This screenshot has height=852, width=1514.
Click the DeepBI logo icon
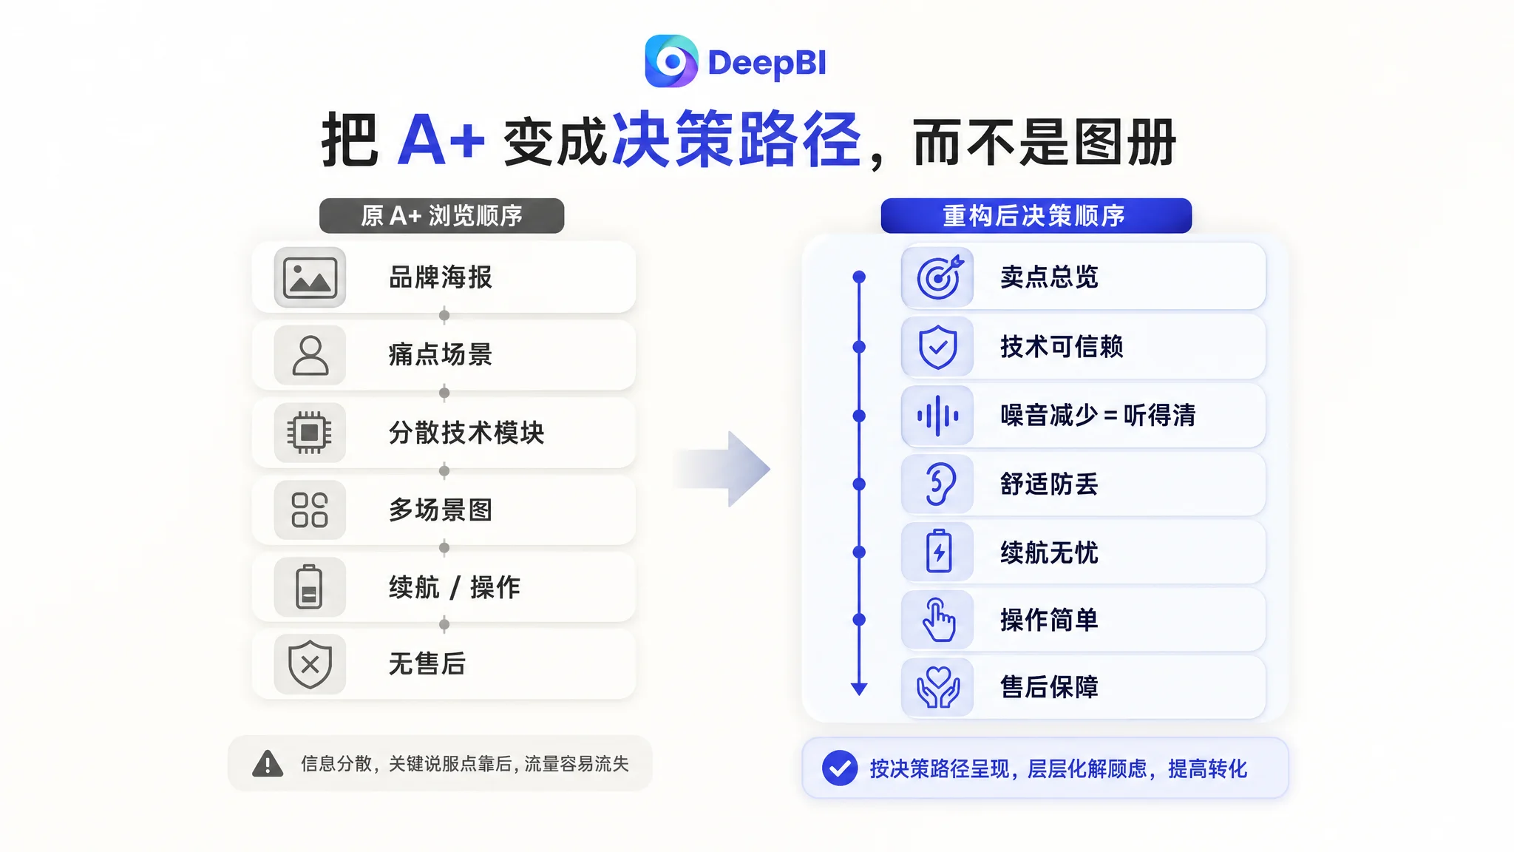[x=671, y=61]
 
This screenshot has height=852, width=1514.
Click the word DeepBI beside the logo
[x=767, y=64]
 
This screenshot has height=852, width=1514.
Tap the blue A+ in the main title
[x=441, y=140]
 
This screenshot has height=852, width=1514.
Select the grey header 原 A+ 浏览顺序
[x=441, y=216]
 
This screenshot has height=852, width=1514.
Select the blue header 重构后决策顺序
[x=1036, y=216]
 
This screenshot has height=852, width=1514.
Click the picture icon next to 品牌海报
[x=310, y=277]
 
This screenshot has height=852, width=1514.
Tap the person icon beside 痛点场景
[x=310, y=355]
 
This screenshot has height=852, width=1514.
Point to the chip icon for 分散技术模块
[x=310, y=433]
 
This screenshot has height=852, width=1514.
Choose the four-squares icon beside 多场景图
[x=310, y=510]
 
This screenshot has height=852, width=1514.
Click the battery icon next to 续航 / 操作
[x=309, y=587]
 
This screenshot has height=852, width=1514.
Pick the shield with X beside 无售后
[x=310, y=663]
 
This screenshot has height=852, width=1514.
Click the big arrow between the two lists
[x=722, y=469]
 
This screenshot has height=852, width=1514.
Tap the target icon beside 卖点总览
[x=939, y=277]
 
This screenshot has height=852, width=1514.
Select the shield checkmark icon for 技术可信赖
[x=937, y=347]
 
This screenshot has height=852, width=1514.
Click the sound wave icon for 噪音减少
[x=937, y=416]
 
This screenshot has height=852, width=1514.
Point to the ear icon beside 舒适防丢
[x=938, y=484]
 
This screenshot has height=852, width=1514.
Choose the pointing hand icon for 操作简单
[x=938, y=620]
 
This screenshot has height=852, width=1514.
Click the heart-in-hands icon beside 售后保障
[x=938, y=687]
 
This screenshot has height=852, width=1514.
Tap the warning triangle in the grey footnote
[x=268, y=763]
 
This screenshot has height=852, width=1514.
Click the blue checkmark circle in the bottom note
[x=840, y=768]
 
